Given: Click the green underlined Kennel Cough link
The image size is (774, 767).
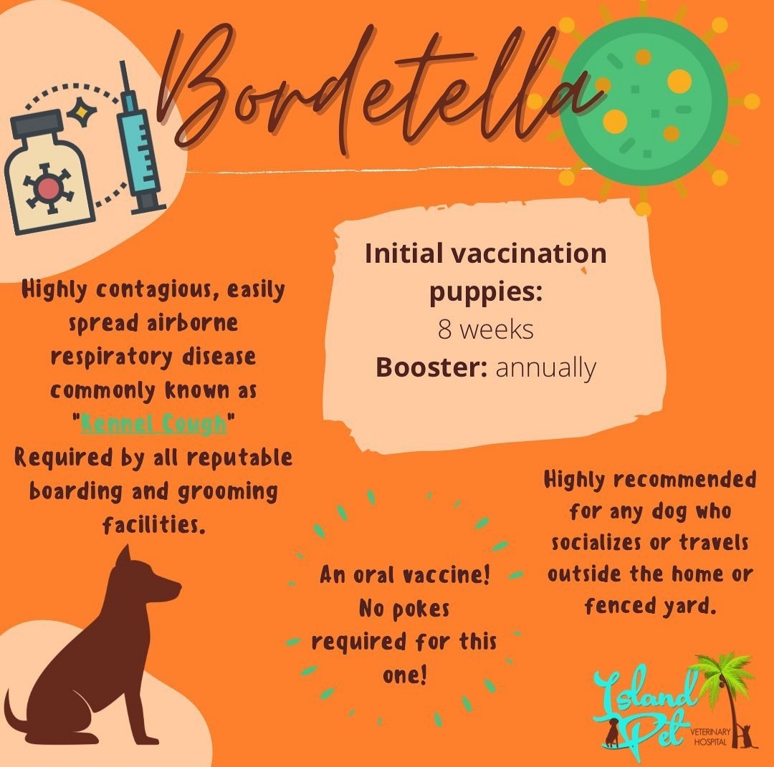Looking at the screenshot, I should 153,424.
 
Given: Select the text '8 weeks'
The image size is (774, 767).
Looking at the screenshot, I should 486,329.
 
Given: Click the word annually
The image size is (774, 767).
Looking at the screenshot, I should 545,367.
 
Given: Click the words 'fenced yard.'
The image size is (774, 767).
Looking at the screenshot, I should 650,606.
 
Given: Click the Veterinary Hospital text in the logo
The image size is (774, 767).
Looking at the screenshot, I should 709,736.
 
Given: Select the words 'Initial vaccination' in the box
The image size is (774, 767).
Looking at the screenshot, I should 485,254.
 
